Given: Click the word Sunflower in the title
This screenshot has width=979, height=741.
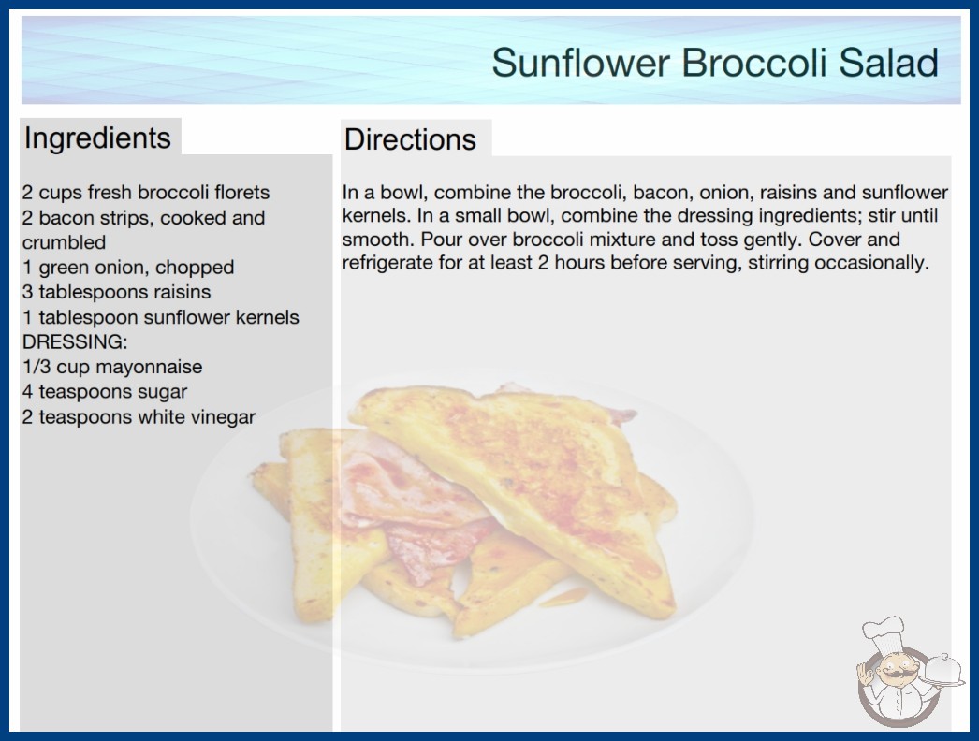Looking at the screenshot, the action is [580, 63].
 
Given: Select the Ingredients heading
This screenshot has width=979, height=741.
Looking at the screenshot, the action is [97, 138].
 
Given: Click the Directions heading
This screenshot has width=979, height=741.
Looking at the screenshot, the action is [410, 139].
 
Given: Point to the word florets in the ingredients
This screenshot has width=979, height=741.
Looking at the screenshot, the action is [241, 193].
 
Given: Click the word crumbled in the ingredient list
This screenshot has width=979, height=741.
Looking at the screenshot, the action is [64, 242].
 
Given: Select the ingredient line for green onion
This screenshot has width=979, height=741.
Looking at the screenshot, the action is [128, 268].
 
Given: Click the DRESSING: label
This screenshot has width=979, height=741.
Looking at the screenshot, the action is [75, 342].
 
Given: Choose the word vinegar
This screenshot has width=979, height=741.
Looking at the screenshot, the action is [223, 417].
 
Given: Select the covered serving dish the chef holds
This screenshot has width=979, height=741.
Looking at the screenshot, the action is [943, 671].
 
